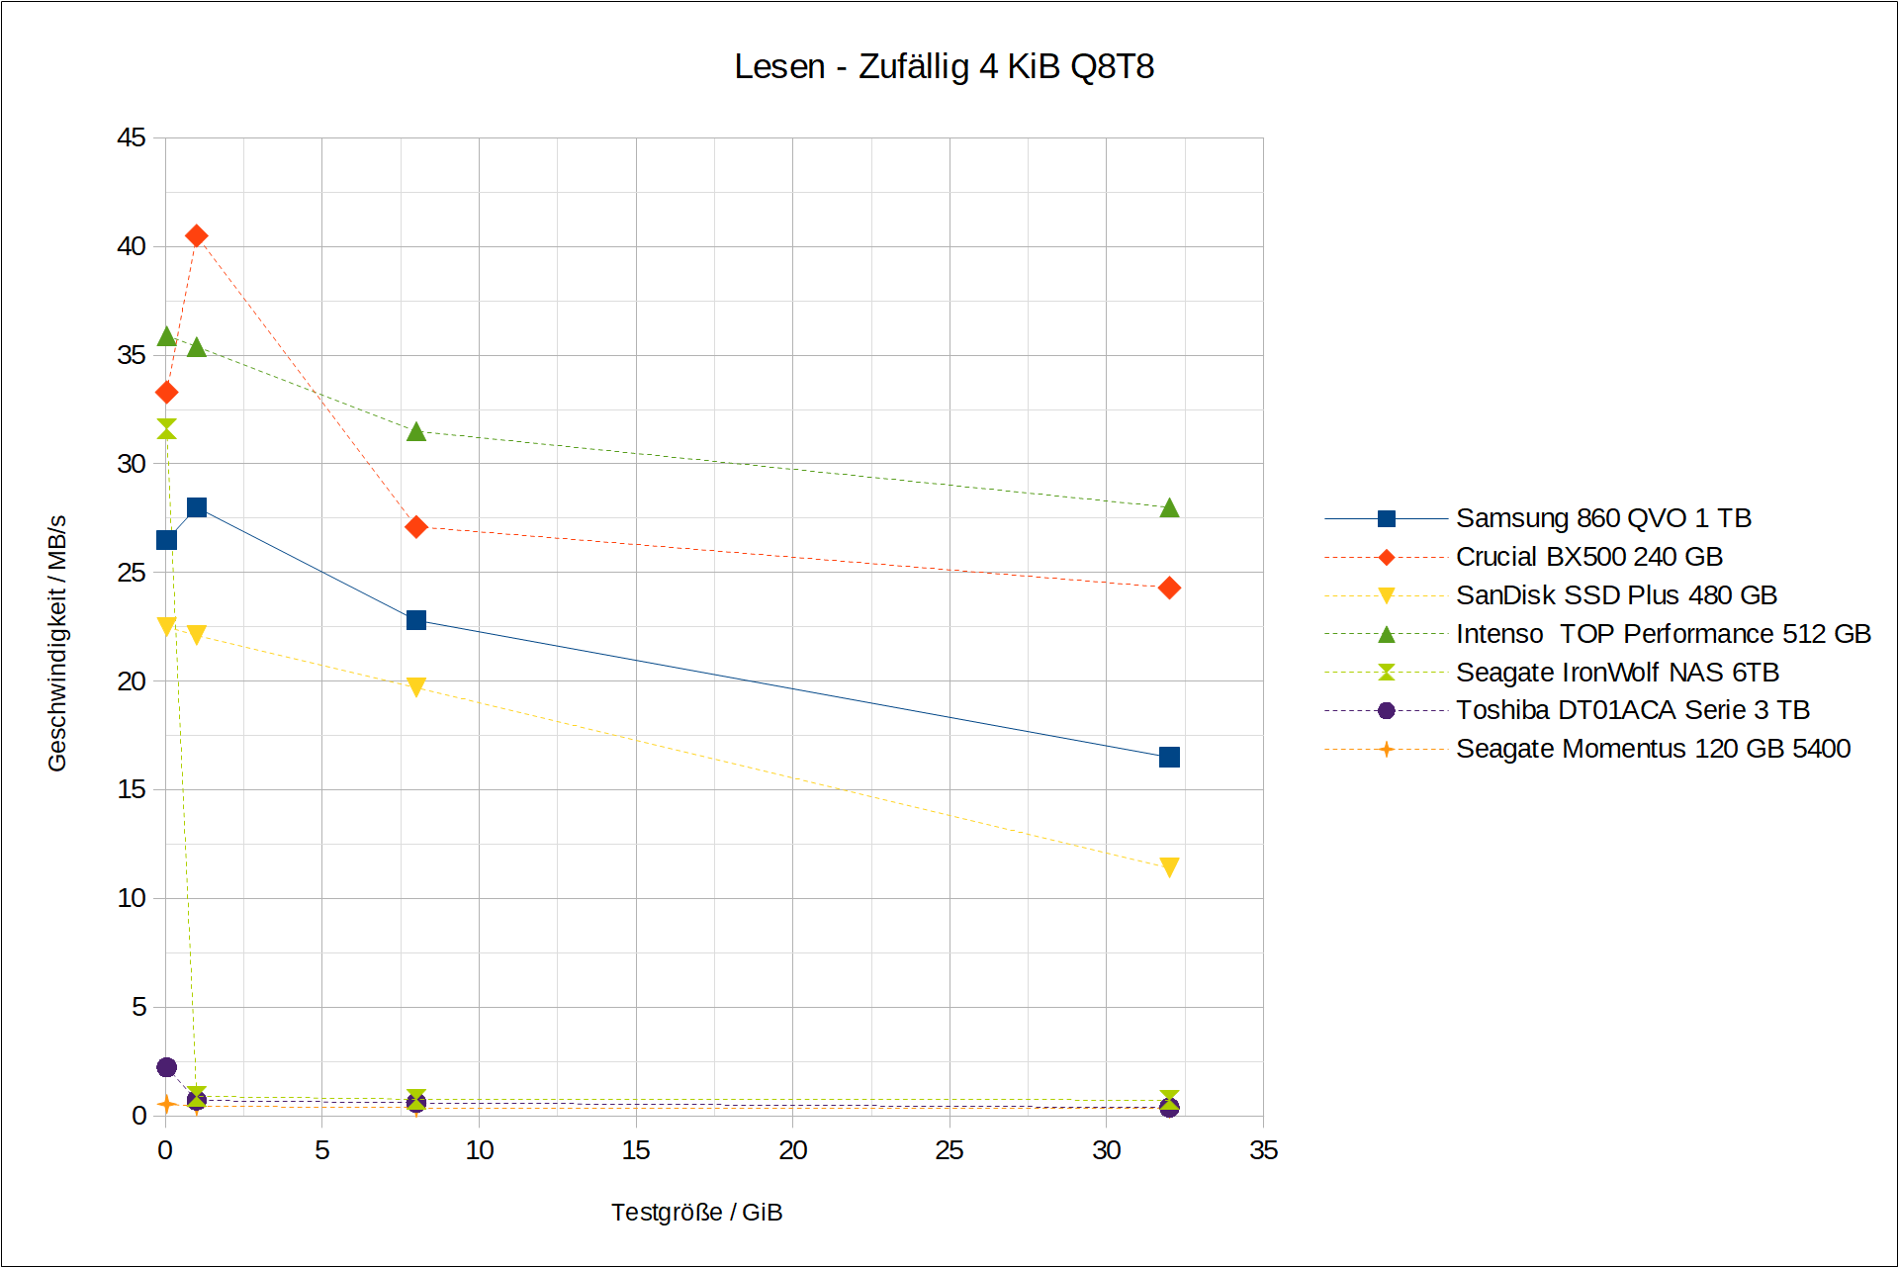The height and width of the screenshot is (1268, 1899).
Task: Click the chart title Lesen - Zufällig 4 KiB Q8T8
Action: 944,66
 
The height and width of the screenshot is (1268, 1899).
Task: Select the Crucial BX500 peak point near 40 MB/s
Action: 197,235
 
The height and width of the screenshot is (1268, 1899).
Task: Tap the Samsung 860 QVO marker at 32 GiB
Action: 1169,757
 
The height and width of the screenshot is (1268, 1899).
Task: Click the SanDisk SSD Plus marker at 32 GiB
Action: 1169,867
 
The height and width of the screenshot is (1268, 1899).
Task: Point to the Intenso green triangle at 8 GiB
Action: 416,431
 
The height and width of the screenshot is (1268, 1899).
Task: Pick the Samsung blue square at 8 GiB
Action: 416,620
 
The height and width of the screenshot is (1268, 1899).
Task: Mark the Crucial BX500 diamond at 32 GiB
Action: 1169,589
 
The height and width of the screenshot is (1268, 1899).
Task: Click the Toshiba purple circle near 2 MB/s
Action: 166,1067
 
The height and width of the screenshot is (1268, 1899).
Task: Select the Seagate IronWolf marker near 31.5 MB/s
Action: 166,428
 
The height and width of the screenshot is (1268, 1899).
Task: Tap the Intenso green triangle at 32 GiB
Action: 1169,507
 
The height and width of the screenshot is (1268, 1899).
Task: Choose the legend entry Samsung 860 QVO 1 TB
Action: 1602,518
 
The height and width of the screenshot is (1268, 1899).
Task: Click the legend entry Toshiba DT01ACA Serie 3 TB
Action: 1632,710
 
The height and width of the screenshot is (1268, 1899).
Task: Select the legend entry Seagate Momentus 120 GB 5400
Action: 1652,749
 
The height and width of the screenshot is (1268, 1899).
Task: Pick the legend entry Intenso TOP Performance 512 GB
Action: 1663,634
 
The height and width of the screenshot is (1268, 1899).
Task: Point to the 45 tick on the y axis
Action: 132,137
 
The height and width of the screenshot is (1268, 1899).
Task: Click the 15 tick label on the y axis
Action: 132,789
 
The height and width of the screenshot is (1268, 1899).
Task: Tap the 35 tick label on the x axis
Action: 1263,1150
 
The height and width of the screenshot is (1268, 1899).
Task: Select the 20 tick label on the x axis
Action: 792,1150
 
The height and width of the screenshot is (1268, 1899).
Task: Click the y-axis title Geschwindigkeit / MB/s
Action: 57,643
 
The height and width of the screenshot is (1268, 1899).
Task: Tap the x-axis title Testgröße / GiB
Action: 696,1213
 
